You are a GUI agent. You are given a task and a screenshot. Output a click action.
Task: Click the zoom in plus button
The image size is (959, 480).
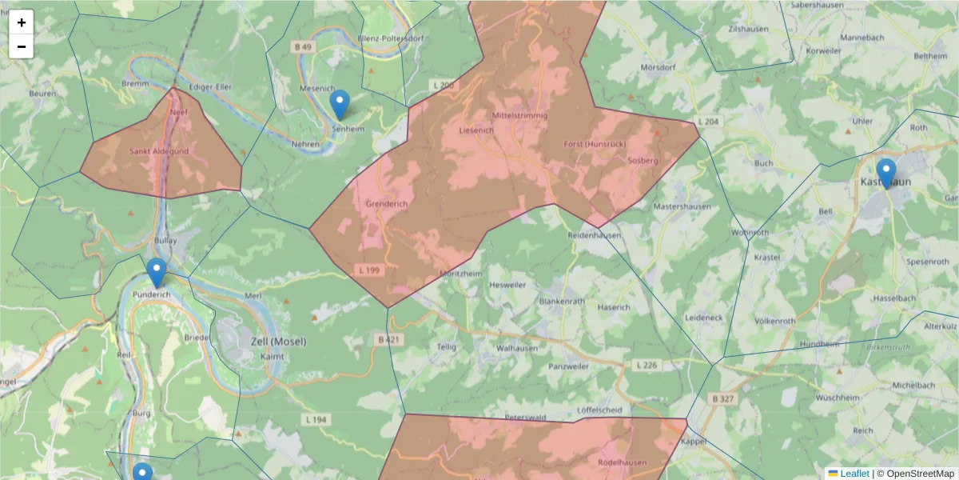tap(22, 22)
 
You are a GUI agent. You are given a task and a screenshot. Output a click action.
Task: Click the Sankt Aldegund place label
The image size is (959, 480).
tap(159, 151)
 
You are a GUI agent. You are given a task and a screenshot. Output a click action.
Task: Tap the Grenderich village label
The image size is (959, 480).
tap(386, 204)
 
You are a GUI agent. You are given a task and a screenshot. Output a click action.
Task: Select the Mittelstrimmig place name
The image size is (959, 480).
tap(520, 115)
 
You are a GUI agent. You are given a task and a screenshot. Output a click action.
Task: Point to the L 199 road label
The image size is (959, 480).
tap(369, 270)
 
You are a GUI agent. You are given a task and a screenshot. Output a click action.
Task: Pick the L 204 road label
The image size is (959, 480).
tap(708, 122)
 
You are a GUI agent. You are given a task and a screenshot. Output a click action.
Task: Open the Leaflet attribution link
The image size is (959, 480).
tap(854, 474)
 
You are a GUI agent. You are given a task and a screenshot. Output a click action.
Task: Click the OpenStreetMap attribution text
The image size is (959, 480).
tap(919, 474)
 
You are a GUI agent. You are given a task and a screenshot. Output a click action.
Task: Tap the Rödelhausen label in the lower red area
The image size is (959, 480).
tap(622, 462)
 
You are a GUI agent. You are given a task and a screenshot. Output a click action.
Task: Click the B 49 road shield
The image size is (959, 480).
tap(303, 48)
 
